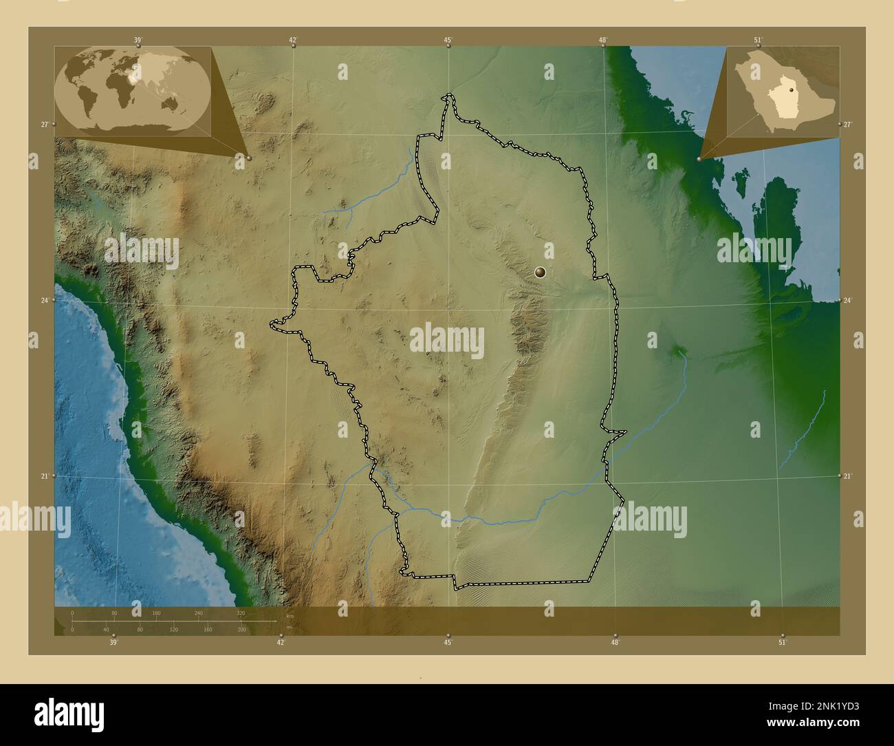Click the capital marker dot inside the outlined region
[541, 273]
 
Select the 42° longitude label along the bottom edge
[281, 643]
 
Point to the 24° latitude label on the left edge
[44, 301]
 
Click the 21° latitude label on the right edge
[847, 476]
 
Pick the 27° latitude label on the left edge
[44, 125]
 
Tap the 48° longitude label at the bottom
[615, 643]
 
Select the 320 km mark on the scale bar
[241, 612]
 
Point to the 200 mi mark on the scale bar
[241, 630]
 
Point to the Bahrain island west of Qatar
[740, 182]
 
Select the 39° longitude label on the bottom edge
[113, 643]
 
